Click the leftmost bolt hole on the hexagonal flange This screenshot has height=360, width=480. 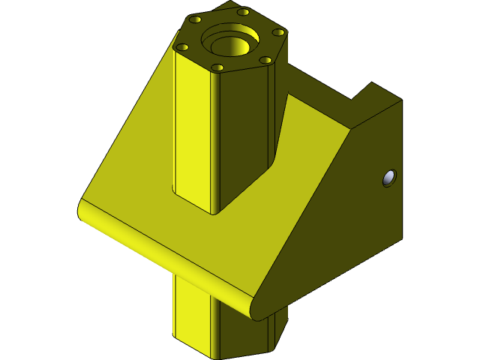[182, 46]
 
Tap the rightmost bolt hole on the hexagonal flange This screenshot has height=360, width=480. [278, 32]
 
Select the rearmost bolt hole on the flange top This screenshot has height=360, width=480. [243, 12]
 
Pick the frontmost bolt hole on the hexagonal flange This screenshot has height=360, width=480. [217, 67]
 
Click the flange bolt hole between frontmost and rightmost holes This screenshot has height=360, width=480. [265, 60]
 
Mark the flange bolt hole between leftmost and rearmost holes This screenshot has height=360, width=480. [195, 19]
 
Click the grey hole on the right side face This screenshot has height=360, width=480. [388, 178]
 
